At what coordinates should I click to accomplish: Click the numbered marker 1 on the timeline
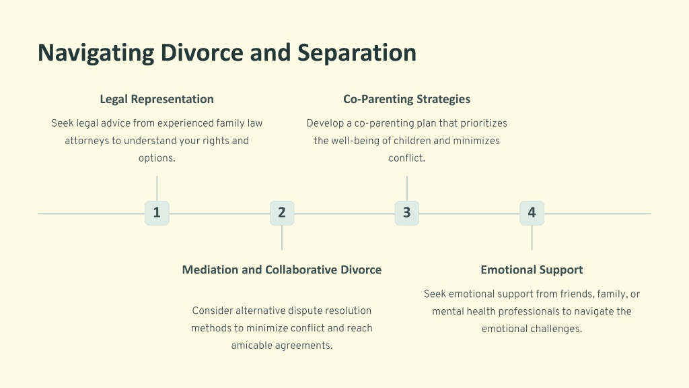pyautogui.click(x=157, y=214)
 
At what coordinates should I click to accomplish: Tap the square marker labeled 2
pyautogui.click(x=282, y=214)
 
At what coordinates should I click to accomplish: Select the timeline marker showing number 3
pyautogui.click(x=407, y=214)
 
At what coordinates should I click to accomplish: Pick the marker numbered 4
pyautogui.click(x=532, y=214)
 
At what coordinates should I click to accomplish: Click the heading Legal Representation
pyautogui.click(x=157, y=100)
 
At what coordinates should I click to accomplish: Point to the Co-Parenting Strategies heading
pyautogui.click(x=407, y=100)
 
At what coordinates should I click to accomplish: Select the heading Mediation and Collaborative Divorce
pyautogui.click(x=282, y=269)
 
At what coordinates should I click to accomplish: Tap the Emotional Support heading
pyautogui.click(x=532, y=270)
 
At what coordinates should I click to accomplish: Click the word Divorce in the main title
pyautogui.click(x=202, y=53)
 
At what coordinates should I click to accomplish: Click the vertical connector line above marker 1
pyautogui.click(x=157, y=189)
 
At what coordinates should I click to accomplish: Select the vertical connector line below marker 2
pyautogui.click(x=282, y=238)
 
